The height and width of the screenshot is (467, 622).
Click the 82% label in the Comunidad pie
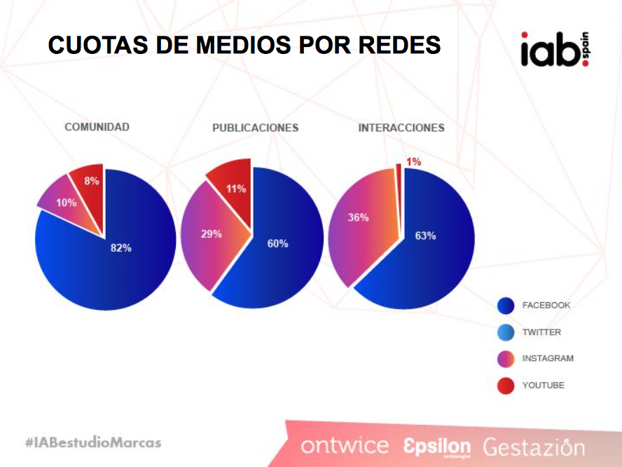click(x=121, y=248)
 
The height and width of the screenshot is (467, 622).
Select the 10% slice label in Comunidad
click(x=67, y=203)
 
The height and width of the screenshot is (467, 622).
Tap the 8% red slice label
click(x=92, y=181)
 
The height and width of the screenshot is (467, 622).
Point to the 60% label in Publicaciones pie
click(x=277, y=243)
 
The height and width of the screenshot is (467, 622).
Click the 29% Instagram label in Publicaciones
click(x=212, y=233)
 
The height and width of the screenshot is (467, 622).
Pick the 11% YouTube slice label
click(x=235, y=189)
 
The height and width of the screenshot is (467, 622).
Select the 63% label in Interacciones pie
click(x=425, y=236)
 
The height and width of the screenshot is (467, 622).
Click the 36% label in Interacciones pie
click(x=358, y=217)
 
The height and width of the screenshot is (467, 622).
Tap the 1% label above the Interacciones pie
click(x=413, y=162)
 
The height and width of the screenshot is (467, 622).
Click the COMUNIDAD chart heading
click(x=97, y=127)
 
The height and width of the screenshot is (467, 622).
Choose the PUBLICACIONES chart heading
click(x=255, y=128)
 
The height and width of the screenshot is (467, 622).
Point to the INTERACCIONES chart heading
click(x=401, y=128)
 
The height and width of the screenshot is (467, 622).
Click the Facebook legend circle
click(x=506, y=306)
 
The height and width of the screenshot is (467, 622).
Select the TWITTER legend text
click(x=541, y=332)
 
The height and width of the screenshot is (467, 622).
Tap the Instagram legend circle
click(x=506, y=359)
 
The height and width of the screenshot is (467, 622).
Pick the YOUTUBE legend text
click(x=543, y=385)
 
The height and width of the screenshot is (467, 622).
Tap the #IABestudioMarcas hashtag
click(x=92, y=442)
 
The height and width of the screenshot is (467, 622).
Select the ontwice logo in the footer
click(x=345, y=446)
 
